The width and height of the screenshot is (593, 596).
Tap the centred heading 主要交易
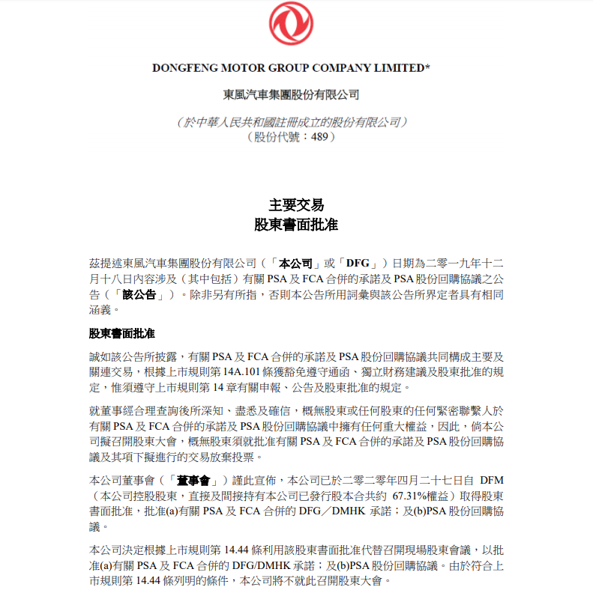tap(296, 204)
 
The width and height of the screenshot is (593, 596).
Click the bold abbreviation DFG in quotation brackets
tap(358, 264)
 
